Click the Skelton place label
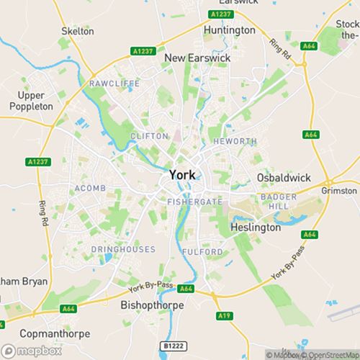(78, 31)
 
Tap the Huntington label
(230, 30)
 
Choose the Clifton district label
(148, 135)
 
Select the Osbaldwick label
(282, 178)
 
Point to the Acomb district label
(90, 188)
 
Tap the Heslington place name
(255, 227)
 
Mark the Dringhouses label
(123, 249)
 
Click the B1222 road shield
(173, 346)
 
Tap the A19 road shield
(223, 315)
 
